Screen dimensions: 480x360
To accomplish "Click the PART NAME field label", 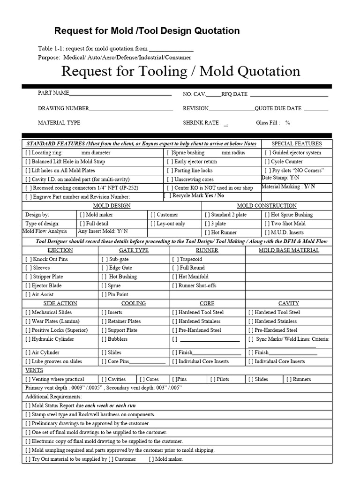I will pos(53,93).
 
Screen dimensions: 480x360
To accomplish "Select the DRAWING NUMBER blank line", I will pos(131,109).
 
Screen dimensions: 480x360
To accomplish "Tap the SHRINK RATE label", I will pos(201,123).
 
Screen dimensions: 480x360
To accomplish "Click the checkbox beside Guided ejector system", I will pos(267,153).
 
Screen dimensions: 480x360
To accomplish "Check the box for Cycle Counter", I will pos(267,162).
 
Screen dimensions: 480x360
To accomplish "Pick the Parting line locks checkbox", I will pos(170,171).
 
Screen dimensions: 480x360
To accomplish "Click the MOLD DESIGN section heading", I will pos(112,206).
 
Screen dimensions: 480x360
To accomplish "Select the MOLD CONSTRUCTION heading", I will pos(267,206).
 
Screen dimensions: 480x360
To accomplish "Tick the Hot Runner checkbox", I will pos(208,232).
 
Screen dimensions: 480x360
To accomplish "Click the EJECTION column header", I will pos(60,250).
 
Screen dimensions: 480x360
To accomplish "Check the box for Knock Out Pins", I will pos(28,259).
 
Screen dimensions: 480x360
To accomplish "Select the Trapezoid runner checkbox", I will pos(175,259).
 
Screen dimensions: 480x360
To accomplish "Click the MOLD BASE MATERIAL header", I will pos(289,250).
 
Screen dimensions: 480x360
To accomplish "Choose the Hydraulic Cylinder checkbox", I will pos(28,339).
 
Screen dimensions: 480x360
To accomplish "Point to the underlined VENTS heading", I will pos(34,370).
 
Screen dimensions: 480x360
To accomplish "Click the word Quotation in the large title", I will pos(266,71).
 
